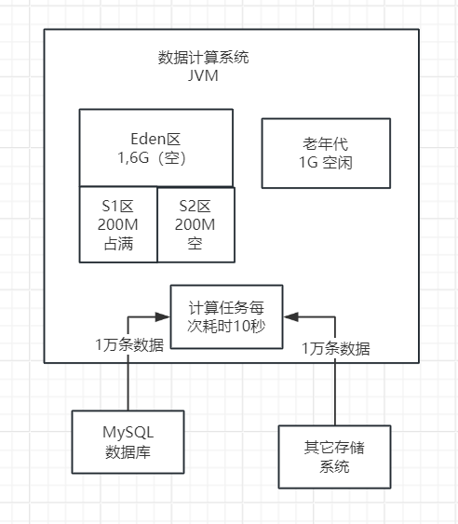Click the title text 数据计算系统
coord(203,58)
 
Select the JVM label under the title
coord(203,75)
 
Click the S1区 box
coord(118,224)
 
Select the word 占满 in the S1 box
coord(118,245)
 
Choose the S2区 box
coord(195,224)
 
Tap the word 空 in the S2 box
coord(195,245)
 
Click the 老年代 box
coord(319,153)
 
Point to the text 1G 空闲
coord(319,163)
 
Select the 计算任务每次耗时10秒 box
coord(227,316)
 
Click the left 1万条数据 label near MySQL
coord(129,344)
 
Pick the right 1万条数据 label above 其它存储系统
coord(335,349)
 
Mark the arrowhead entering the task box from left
coord(164,316)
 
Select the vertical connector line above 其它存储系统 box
coord(335,391)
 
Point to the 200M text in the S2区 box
coord(195,225)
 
